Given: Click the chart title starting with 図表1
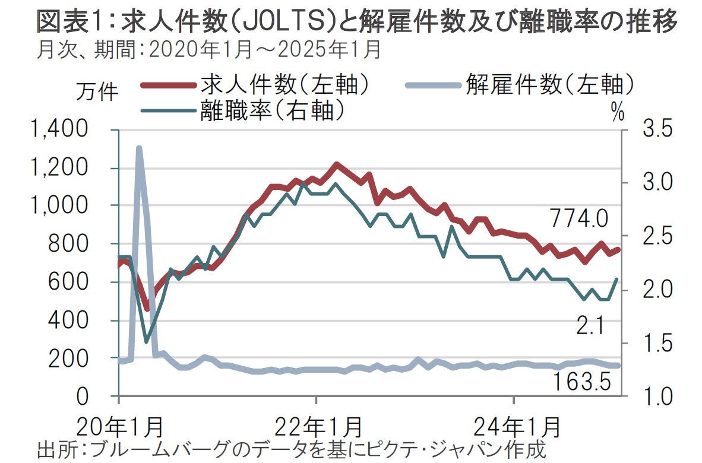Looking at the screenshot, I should tap(356, 23).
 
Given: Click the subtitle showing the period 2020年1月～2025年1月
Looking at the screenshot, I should tap(208, 50).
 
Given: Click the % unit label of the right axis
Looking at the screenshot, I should tap(618, 113).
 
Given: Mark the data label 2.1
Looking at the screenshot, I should tap(589, 324).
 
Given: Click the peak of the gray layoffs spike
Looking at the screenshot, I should tap(138, 148).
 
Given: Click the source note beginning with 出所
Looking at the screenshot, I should tap(291, 448).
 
